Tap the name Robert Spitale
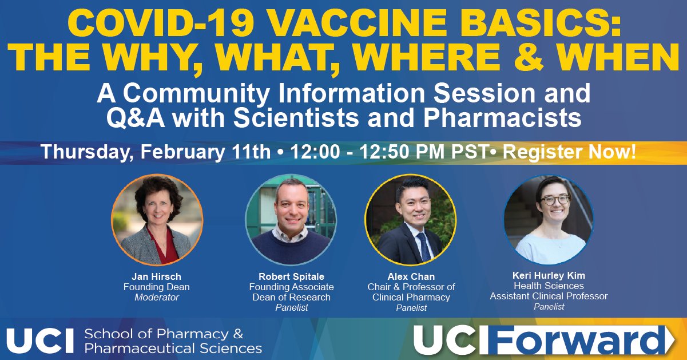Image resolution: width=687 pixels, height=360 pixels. [x=291, y=277]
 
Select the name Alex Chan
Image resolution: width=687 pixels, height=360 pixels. [x=411, y=277]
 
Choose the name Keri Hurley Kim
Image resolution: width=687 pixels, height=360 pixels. [x=549, y=275]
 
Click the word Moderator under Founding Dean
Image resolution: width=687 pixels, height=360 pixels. [x=156, y=298]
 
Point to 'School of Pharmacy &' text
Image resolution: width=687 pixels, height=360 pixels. [x=164, y=334]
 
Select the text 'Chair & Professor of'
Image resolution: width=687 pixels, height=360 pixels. [x=411, y=287]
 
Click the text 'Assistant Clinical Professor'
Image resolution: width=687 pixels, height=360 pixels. [x=549, y=296]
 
